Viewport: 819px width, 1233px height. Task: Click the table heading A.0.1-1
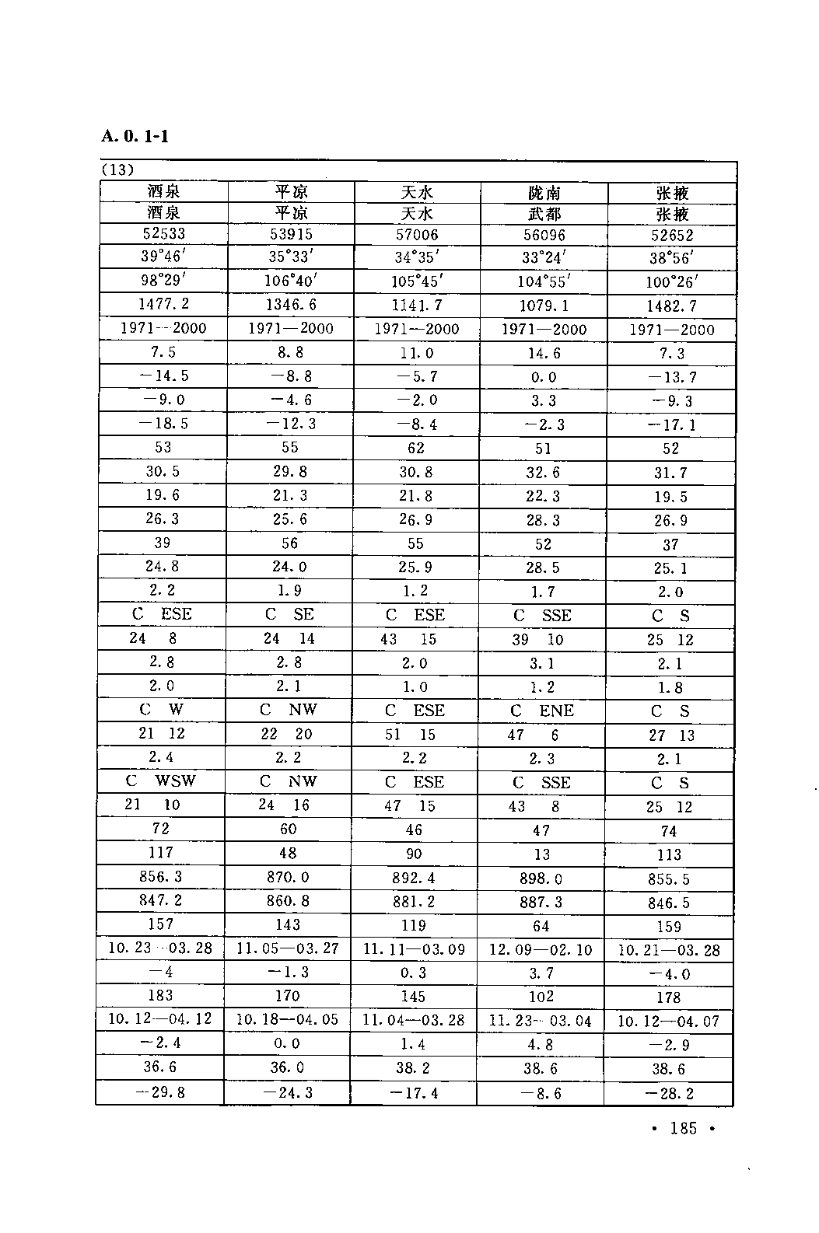click(x=135, y=136)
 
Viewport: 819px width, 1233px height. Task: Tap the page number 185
click(x=683, y=1128)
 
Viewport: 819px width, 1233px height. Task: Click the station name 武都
click(x=543, y=214)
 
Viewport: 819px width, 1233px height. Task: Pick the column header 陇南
click(x=543, y=193)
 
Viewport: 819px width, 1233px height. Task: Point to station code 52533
click(x=163, y=233)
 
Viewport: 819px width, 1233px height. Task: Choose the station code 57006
click(x=416, y=234)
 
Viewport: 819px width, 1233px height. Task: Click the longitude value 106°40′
click(x=289, y=280)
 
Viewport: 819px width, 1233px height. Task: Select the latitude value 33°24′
click(x=543, y=257)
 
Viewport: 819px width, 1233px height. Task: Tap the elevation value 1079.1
click(x=543, y=306)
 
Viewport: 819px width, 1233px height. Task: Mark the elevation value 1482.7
click(x=671, y=306)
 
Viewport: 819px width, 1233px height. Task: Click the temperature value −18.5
click(x=162, y=424)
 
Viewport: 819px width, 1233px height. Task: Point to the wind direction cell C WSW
click(x=161, y=781)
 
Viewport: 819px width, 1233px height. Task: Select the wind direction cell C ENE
click(x=542, y=711)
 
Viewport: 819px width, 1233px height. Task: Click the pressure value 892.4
click(x=415, y=878)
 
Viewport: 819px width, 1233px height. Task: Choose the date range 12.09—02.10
click(x=541, y=950)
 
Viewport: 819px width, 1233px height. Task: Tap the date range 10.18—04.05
click(x=287, y=1019)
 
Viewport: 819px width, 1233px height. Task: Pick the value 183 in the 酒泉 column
click(x=160, y=995)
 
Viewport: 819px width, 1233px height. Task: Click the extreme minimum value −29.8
click(x=159, y=1092)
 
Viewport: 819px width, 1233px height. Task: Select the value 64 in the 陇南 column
click(x=541, y=926)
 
